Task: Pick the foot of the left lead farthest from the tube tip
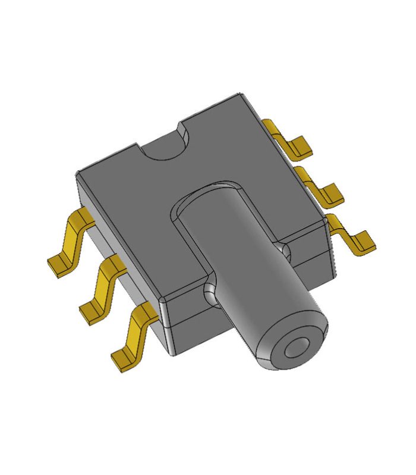coord(59,265)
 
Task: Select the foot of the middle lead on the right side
coord(330,193)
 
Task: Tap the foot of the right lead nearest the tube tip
coord(363,241)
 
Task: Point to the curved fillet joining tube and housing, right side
coord(284,250)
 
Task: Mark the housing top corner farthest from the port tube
coord(241,95)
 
